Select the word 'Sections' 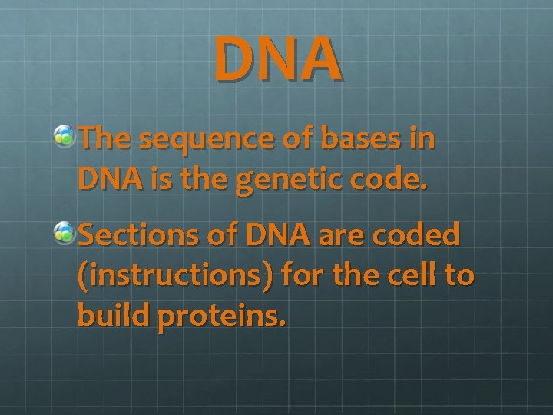(x=134, y=236)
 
